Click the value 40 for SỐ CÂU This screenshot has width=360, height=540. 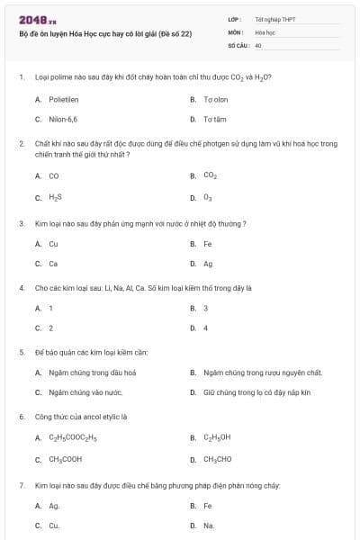tap(258, 44)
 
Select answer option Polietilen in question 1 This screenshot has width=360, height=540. tap(66, 98)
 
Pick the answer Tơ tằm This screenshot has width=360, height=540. tap(214, 119)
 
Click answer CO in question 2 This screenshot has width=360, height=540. tap(54, 175)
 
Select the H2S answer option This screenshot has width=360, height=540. tap(56, 197)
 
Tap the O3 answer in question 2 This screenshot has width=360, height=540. tap(208, 197)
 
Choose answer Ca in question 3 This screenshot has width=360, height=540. tap(53, 264)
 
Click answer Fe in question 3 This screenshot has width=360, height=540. tap(208, 243)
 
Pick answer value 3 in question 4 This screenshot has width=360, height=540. tap(205, 308)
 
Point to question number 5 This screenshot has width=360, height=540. tap(22, 351)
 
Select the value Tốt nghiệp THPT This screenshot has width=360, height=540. tap(275, 19)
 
